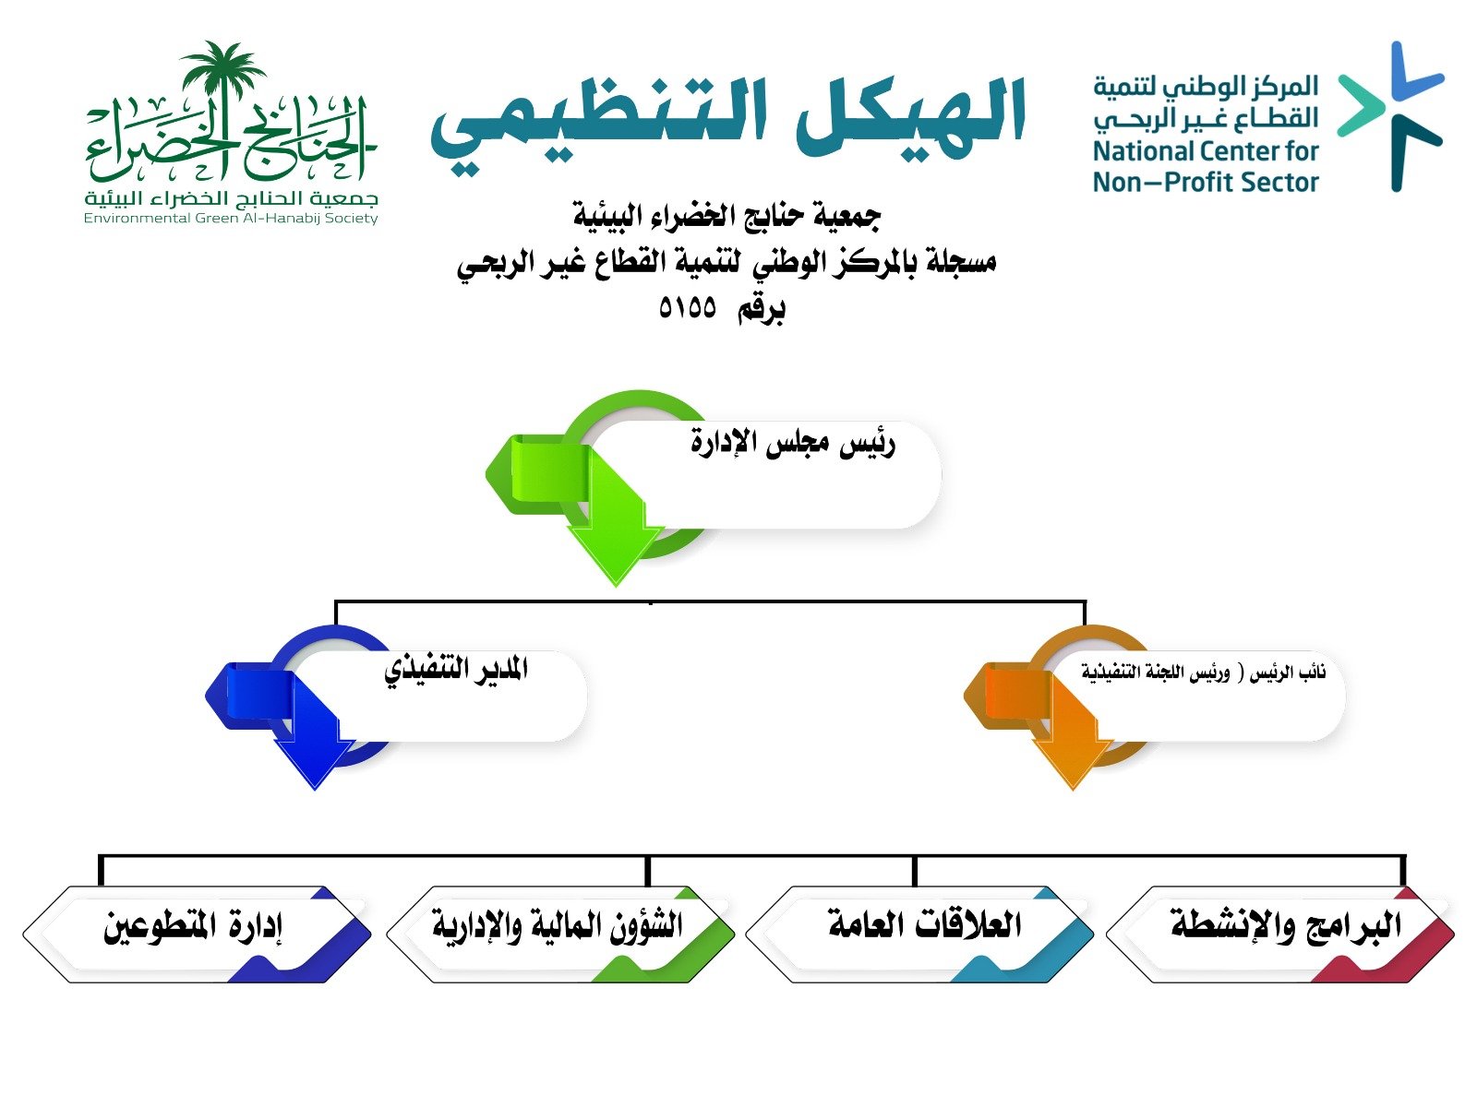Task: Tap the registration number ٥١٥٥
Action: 687,308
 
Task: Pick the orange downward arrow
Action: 1071,736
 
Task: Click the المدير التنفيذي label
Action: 455,670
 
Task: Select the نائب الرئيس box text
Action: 1204,673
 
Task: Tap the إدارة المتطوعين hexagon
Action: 198,934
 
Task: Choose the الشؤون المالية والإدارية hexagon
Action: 560,934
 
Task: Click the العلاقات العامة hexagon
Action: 919,934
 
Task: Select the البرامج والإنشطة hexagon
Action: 1280,934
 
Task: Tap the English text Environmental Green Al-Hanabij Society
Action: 231,218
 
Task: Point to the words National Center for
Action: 1206,151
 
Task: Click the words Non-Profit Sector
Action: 1206,182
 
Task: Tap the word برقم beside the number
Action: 761,309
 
